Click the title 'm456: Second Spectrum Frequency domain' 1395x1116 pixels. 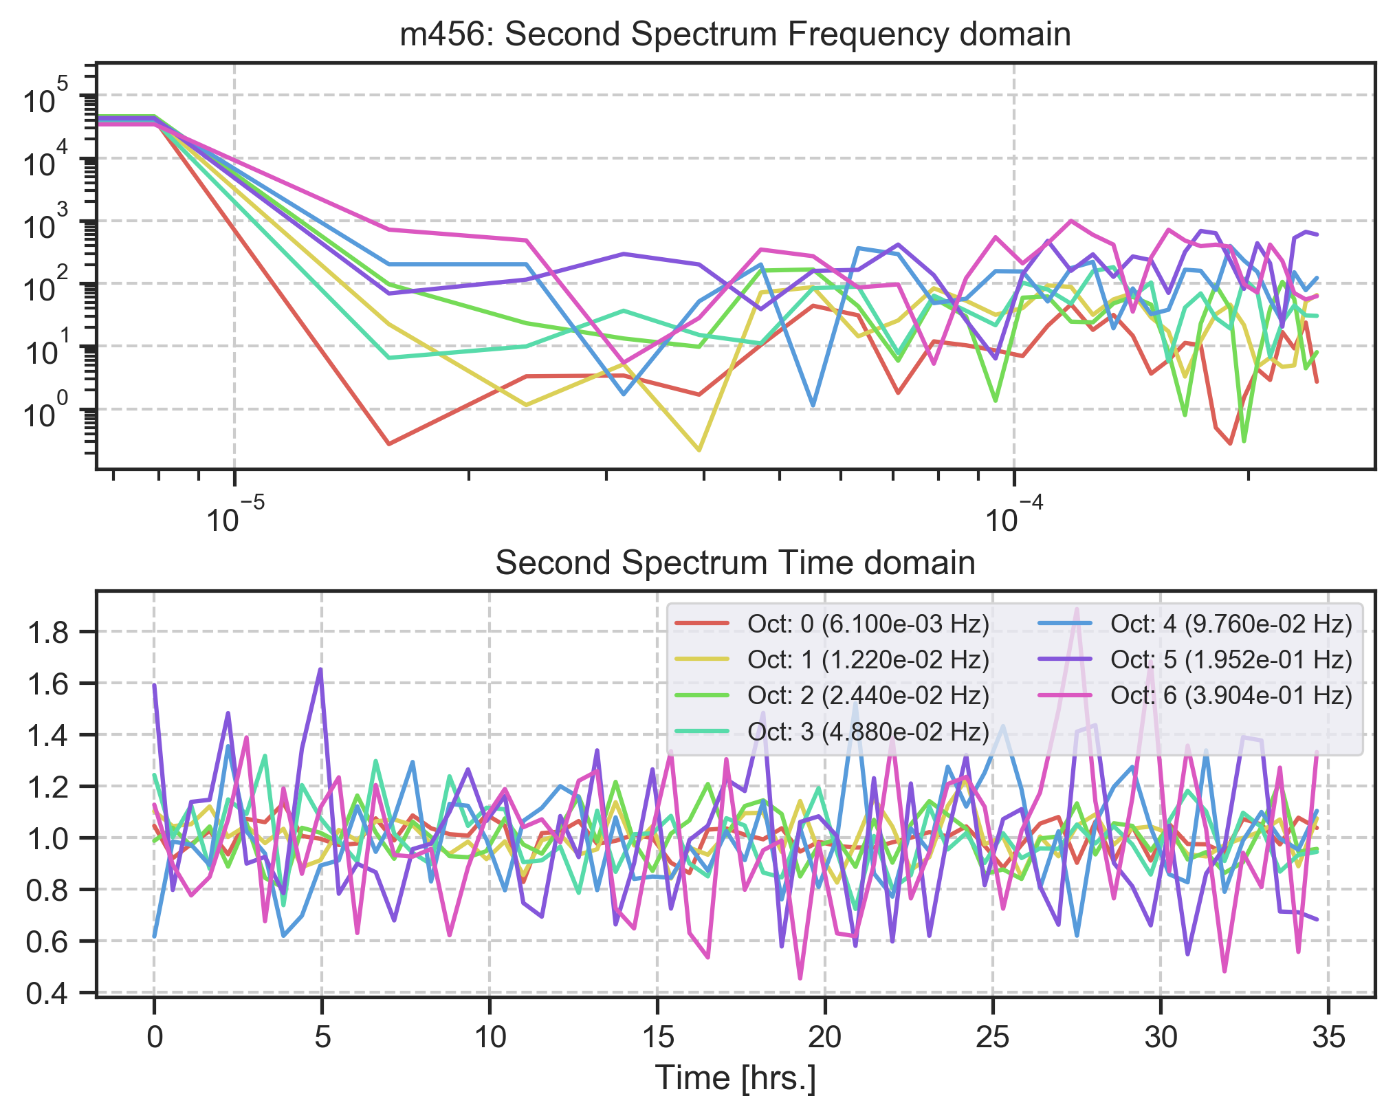pyautogui.click(x=735, y=34)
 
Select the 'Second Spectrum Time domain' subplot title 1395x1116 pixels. pyautogui.click(x=735, y=563)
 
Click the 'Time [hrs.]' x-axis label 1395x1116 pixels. pyautogui.click(x=735, y=1077)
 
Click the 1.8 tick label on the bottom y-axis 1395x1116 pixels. pyautogui.click(x=47, y=633)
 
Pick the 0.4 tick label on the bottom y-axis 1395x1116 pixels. pyautogui.click(x=47, y=993)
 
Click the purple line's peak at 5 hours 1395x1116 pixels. pyautogui.click(x=321, y=669)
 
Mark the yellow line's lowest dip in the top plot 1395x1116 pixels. pyautogui.click(x=699, y=450)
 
